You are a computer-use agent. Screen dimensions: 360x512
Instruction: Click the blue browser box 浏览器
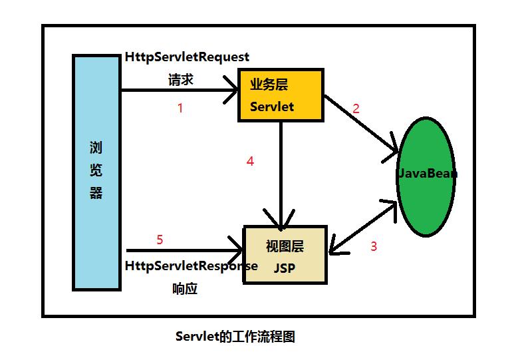coord(96,171)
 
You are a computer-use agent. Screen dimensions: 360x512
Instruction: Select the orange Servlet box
coord(281,95)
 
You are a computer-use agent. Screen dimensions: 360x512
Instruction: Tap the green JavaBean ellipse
coord(426,177)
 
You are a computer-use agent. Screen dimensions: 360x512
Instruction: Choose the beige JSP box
coord(286,255)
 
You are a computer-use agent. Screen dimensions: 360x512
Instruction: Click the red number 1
coord(180,108)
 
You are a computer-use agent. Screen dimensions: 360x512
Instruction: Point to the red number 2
coord(356,108)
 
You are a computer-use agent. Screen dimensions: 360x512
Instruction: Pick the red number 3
coord(373,246)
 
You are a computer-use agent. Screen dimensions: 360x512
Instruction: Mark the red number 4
coord(250,161)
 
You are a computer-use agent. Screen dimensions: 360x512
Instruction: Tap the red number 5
coord(160,240)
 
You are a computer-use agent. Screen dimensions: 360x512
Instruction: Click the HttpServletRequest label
coord(187,57)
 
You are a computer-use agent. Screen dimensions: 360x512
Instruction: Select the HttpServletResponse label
coord(191,266)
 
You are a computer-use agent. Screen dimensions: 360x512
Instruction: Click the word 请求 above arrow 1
coord(181,79)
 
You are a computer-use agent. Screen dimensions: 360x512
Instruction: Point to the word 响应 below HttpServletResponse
coord(184,289)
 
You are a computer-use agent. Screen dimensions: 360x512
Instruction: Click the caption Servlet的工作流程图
coord(235,337)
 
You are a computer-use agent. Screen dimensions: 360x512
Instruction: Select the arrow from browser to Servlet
coord(180,90)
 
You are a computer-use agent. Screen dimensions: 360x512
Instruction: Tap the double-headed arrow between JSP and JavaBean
coord(362,226)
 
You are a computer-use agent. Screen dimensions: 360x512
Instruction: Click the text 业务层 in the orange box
coord(268,85)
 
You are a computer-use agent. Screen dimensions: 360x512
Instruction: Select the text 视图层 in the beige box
coord(285,246)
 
